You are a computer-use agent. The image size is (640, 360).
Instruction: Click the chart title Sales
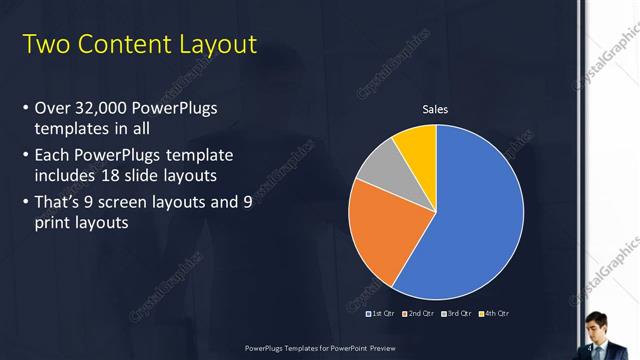pyautogui.click(x=435, y=109)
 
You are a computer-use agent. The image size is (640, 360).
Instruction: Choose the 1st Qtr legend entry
pyautogui.click(x=380, y=314)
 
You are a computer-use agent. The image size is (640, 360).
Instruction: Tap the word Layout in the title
pyautogui.click(x=215, y=45)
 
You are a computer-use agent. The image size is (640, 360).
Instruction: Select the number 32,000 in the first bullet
pyautogui.click(x=102, y=107)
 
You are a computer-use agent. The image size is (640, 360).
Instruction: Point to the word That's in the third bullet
pyautogui.click(x=62, y=201)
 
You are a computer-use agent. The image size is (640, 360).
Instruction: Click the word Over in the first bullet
pyautogui.click(x=52, y=107)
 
